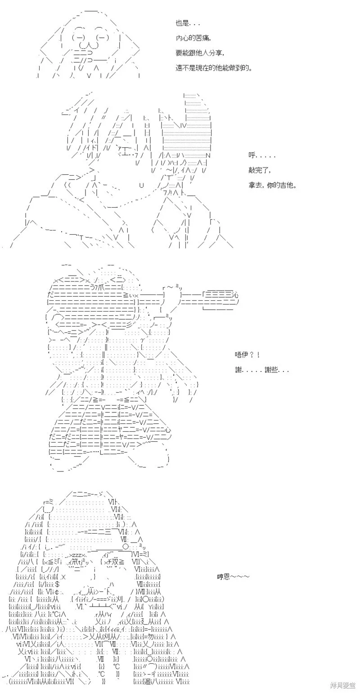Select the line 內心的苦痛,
(x=193, y=38)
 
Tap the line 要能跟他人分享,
(x=200, y=53)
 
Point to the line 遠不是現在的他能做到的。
(x=214, y=68)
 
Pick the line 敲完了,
(x=260, y=170)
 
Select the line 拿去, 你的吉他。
(x=272, y=185)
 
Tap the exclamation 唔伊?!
(x=247, y=354)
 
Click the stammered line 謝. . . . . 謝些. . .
(x=261, y=370)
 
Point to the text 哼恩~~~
(x=233, y=576)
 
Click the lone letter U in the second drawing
(x=142, y=186)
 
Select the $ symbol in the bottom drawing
(x=58, y=584)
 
